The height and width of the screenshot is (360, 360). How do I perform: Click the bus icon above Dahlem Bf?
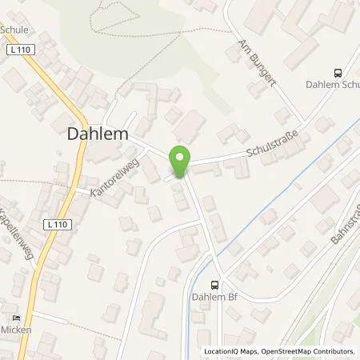coord(214,284)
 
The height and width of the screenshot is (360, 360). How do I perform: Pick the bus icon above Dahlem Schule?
coord(339,71)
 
